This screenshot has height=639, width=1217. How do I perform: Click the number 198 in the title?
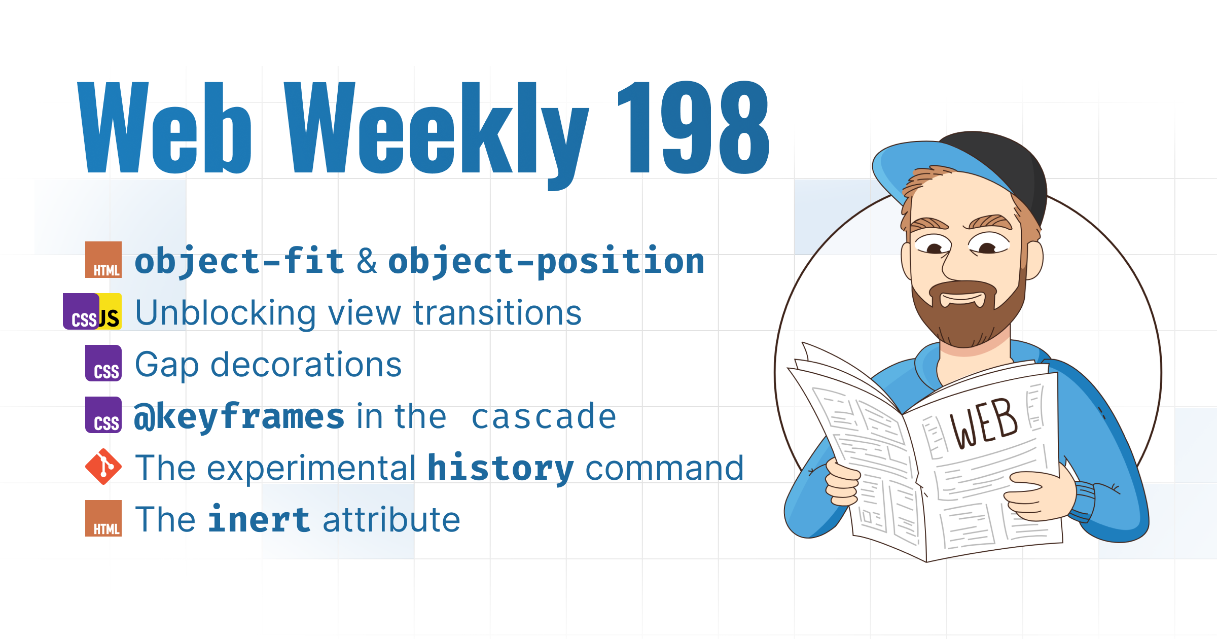point(694,127)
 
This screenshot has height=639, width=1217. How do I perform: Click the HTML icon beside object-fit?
point(103,260)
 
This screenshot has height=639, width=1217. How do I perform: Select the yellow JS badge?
point(110,311)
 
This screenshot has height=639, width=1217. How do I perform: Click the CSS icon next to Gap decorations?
point(103,363)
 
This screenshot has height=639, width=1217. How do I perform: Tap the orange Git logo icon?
point(103,467)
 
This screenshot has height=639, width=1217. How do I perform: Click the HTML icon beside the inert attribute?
point(103,518)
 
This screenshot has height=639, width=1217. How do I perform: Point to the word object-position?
point(546,262)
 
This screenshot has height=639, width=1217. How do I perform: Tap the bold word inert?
point(259,519)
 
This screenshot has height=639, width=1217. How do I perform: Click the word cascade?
point(544,417)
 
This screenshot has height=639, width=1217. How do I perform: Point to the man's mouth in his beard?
point(962,298)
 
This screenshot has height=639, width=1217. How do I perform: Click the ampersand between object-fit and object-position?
point(367,261)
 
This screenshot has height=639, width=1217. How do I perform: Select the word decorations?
point(306,365)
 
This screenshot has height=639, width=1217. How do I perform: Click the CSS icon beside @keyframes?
point(103,415)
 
